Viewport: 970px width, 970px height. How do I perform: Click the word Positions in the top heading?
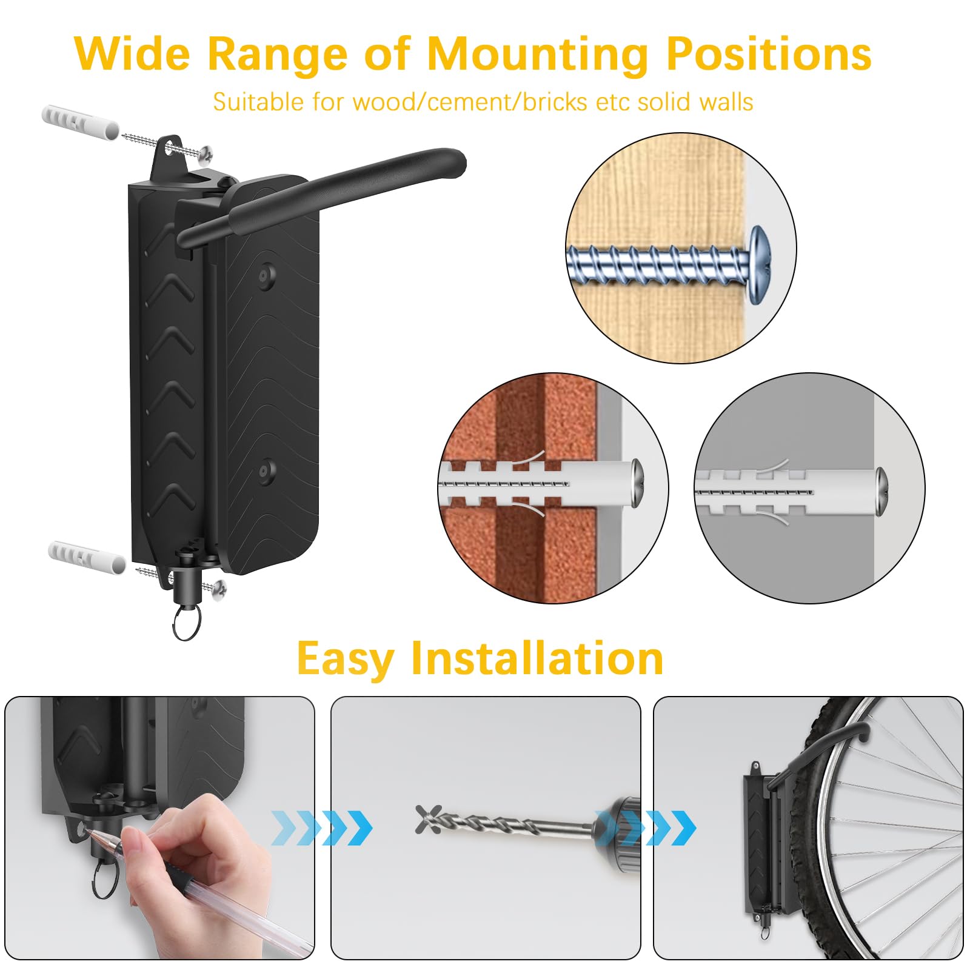coord(769,55)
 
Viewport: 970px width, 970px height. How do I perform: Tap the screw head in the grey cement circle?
coord(881,491)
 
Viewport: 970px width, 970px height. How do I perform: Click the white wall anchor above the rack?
coord(80,121)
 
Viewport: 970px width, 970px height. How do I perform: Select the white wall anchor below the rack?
coord(87,557)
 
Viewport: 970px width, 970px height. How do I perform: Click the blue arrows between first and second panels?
coord(322,828)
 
